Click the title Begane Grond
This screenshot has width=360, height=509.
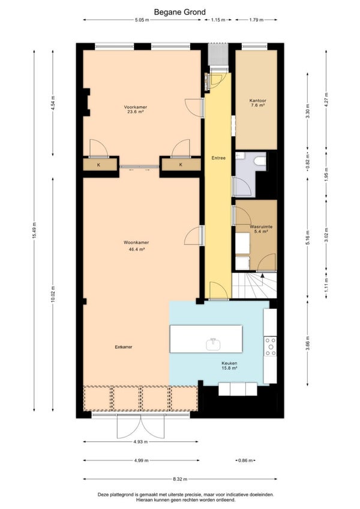click(179, 13)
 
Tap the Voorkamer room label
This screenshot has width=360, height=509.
click(136, 107)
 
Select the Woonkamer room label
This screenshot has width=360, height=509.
click(136, 242)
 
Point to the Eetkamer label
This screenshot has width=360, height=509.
click(124, 347)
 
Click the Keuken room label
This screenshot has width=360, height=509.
click(229, 363)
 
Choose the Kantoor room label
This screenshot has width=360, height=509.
click(258, 101)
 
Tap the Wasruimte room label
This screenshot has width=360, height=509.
click(261, 227)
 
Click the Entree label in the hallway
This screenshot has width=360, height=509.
click(218, 158)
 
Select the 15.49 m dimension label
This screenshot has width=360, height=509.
click(34, 230)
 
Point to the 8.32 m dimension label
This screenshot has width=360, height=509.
click(180, 479)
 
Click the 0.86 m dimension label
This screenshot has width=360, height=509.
click(245, 460)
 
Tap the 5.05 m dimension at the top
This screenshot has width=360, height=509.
click(142, 20)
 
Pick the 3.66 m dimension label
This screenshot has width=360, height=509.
click(308, 342)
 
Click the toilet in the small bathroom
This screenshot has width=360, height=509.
click(260, 161)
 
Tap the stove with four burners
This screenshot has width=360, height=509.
click(270, 347)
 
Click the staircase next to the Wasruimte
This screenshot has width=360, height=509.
click(254, 285)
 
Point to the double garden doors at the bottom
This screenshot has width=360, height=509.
click(140, 426)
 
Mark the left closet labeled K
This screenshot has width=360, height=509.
click(100, 165)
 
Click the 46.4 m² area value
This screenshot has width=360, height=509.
click(136, 249)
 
